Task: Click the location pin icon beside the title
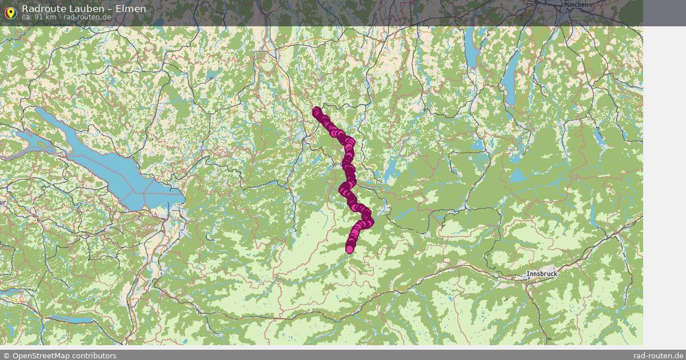click(10, 13)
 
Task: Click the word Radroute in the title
click(42, 9)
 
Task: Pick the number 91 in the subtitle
click(37, 17)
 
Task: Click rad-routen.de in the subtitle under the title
click(87, 17)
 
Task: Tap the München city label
click(576, 5)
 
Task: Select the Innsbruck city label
click(541, 274)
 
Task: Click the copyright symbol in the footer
click(6, 355)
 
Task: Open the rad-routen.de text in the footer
click(659, 355)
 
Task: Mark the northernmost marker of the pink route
click(317, 111)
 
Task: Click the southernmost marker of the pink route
click(350, 249)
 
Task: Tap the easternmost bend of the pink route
click(369, 222)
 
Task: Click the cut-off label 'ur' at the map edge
click(3, 203)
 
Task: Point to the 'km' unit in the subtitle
click(51, 17)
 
